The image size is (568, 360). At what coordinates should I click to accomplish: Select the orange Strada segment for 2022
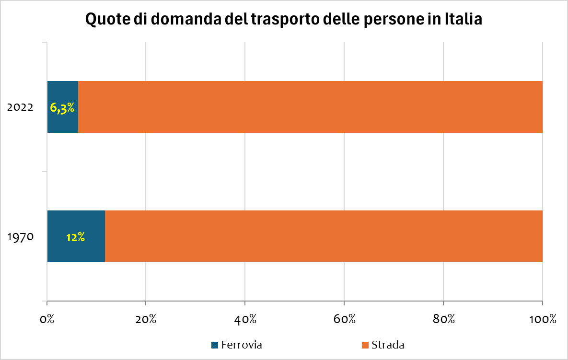click(310, 107)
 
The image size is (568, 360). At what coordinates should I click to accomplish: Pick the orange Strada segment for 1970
click(324, 236)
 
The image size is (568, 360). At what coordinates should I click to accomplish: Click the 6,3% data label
click(62, 107)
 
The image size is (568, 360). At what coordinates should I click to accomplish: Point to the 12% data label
click(76, 237)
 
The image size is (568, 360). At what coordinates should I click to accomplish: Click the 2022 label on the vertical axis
click(20, 107)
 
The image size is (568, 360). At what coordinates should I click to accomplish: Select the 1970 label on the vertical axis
click(20, 236)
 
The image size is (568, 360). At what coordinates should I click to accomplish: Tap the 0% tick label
click(47, 319)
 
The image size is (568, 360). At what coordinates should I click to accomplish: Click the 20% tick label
click(146, 319)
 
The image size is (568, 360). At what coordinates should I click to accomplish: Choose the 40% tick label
click(245, 319)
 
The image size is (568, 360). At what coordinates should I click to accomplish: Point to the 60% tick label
click(344, 319)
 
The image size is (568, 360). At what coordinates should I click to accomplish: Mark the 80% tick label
click(443, 319)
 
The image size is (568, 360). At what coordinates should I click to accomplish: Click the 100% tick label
click(542, 319)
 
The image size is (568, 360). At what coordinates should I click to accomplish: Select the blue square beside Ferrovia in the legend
click(215, 345)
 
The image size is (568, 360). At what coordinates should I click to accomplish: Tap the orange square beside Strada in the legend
click(365, 345)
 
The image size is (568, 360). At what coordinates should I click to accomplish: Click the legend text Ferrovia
click(242, 345)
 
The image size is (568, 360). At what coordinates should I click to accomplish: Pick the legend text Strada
click(388, 345)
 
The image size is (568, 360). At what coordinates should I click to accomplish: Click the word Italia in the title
click(461, 20)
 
